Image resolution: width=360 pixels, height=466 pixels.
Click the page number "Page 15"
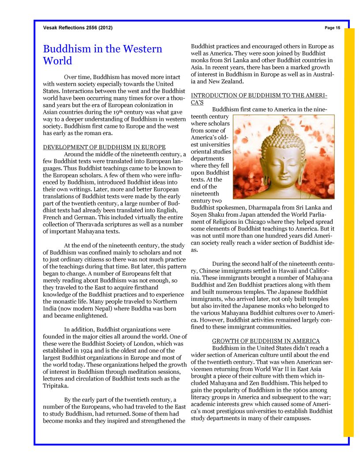332,28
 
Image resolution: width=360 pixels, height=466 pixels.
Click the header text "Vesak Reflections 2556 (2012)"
78,28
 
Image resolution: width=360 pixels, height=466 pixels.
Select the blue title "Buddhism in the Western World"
102,55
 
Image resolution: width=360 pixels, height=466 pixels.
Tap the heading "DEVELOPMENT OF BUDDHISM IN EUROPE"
104,147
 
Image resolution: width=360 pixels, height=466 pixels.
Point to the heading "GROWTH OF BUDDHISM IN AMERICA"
266,341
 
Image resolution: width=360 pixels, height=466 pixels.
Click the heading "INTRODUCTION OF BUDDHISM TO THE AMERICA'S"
259,99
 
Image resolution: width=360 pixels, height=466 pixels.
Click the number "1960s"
287,390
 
